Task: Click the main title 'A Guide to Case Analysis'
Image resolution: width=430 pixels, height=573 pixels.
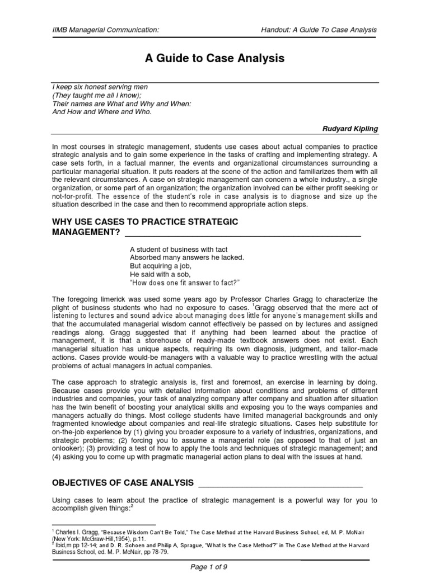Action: tap(215, 58)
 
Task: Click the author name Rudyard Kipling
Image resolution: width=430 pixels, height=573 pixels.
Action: tap(350, 129)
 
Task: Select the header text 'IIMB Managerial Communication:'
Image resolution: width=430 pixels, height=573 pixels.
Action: tap(98, 30)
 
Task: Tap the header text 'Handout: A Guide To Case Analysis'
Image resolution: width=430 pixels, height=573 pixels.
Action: tap(319, 30)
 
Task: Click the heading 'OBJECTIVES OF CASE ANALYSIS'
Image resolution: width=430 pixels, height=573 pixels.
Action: tap(123, 483)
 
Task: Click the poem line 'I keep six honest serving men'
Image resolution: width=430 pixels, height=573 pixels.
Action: tap(100, 88)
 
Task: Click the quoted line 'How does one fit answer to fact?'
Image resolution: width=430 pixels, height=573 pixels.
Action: tap(184, 283)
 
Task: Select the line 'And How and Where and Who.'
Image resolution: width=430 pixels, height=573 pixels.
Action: tap(101, 111)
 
